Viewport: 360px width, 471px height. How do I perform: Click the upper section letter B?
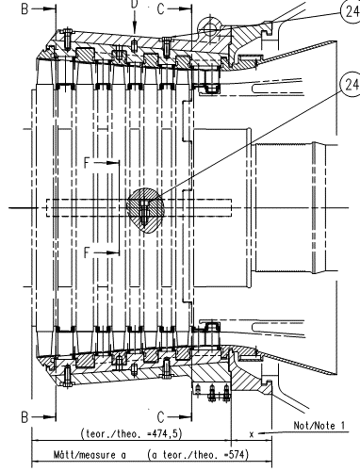click(x=25, y=9)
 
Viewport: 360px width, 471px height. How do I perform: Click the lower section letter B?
click(x=25, y=417)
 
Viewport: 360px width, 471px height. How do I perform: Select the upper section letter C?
click(x=160, y=9)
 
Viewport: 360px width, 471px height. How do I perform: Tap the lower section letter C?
click(x=160, y=417)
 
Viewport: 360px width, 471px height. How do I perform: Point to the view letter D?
click(x=135, y=4)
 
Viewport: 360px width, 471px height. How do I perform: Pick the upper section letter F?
click(x=88, y=163)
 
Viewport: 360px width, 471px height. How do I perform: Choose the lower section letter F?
click(x=88, y=252)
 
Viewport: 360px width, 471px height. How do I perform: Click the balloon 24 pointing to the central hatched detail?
click(x=351, y=85)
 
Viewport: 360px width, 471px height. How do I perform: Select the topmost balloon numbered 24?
click(x=351, y=12)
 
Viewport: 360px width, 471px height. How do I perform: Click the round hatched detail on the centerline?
click(x=145, y=210)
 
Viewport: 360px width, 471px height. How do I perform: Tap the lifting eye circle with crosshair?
click(x=210, y=30)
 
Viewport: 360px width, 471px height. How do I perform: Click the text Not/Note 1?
click(x=319, y=426)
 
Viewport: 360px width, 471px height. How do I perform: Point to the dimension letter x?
click(x=252, y=434)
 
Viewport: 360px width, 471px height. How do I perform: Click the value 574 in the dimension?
click(x=237, y=454)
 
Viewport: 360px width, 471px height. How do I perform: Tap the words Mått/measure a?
click(x=90, y=455)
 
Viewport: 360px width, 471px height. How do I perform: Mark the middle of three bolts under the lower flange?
click(x=212, y=392)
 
